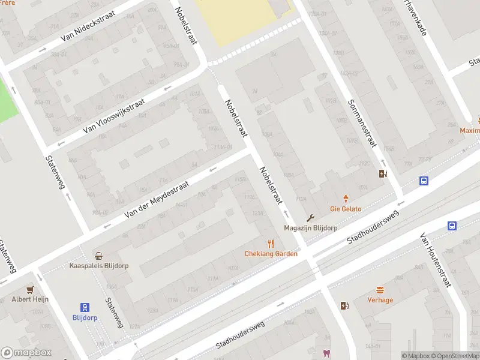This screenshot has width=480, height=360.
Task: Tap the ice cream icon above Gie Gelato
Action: pos(346,198)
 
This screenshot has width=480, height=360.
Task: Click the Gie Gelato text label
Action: pos(346,209)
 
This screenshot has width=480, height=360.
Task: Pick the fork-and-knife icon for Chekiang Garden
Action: pos(271,243)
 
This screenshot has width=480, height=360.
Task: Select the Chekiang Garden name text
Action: pos(271,254)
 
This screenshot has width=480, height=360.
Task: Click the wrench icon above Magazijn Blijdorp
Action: pos(310,218)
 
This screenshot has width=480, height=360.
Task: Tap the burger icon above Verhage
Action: pos(380,290)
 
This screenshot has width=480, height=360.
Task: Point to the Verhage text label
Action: pos(380,300)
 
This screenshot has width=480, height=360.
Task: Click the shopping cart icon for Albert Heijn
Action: pos(29,289)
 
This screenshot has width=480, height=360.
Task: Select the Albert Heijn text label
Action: pos(30,299)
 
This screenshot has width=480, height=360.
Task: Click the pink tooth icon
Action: pos(326,353)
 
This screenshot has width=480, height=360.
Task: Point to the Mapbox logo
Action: pos(26,353)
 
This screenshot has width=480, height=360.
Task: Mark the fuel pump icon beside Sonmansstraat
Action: pos(383,174)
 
